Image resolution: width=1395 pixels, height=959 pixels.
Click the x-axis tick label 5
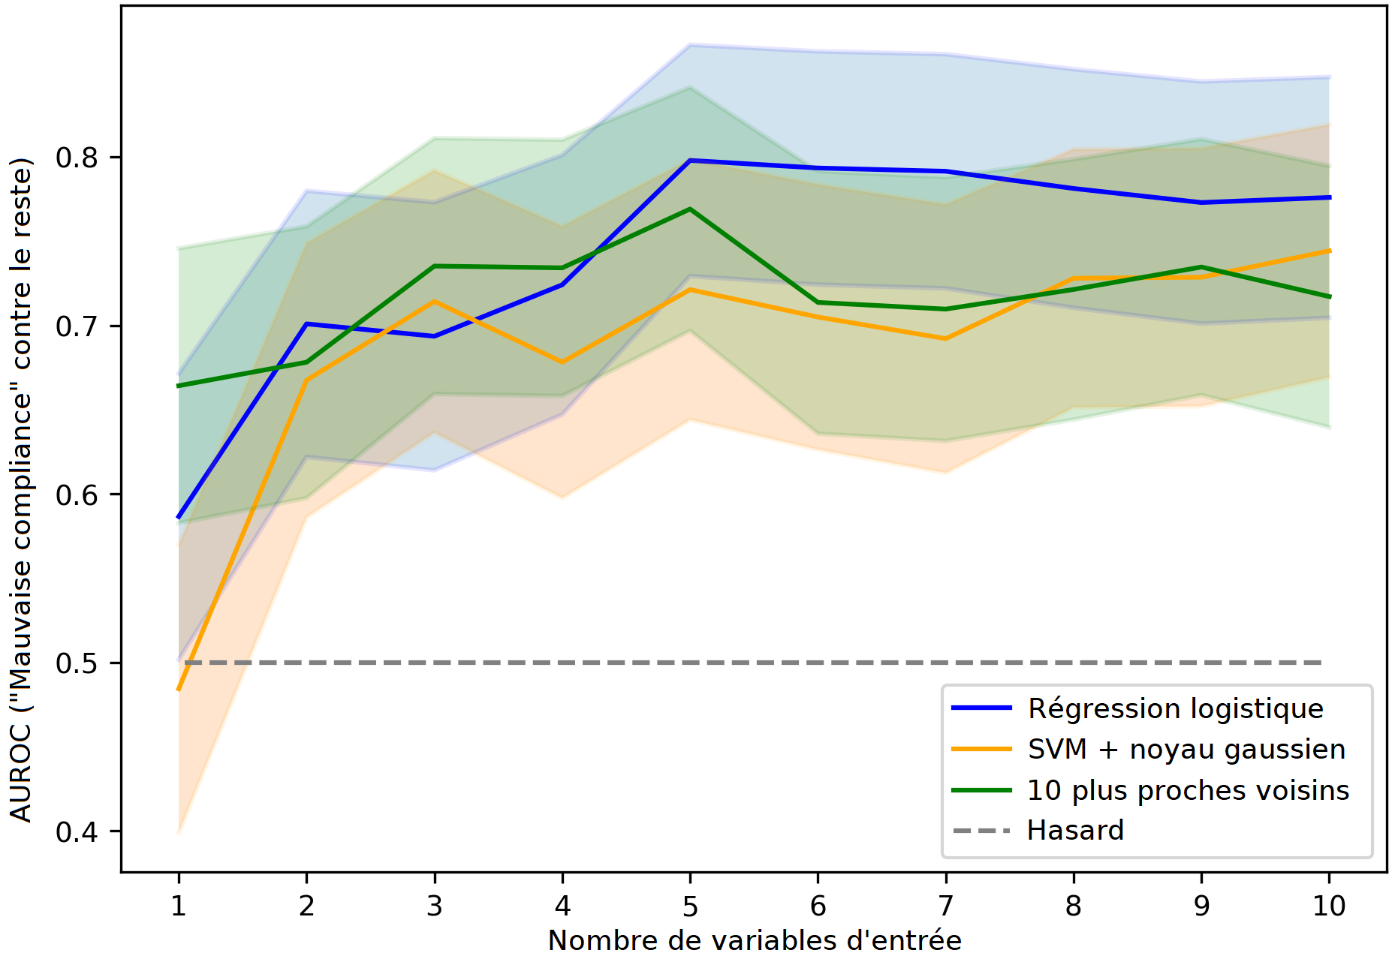point(690,906)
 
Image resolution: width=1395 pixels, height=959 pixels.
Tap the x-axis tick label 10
point(1328,906)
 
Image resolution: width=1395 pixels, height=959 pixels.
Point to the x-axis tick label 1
point(179,906)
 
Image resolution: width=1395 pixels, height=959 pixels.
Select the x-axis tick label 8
point(1074,906)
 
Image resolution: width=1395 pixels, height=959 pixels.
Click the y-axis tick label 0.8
point(77,158)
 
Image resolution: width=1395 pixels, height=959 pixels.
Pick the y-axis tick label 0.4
point(77,831)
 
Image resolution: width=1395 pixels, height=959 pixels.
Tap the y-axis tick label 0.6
point(77,495)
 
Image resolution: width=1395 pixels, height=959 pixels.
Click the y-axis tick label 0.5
point(77,663)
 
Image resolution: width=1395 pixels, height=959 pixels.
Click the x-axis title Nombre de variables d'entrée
point(755,940)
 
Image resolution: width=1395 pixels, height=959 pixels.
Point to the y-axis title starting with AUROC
point(21,489)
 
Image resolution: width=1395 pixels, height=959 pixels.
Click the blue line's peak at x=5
point(690,161)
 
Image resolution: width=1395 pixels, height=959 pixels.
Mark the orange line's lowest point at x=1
point(179,690)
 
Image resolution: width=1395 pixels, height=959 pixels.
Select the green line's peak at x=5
point(690,209)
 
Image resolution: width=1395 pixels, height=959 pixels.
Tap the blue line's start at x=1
point(179,517)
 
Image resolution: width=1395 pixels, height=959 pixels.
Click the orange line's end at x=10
point(1329,251)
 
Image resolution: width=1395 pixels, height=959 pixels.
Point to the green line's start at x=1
point(179,386)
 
